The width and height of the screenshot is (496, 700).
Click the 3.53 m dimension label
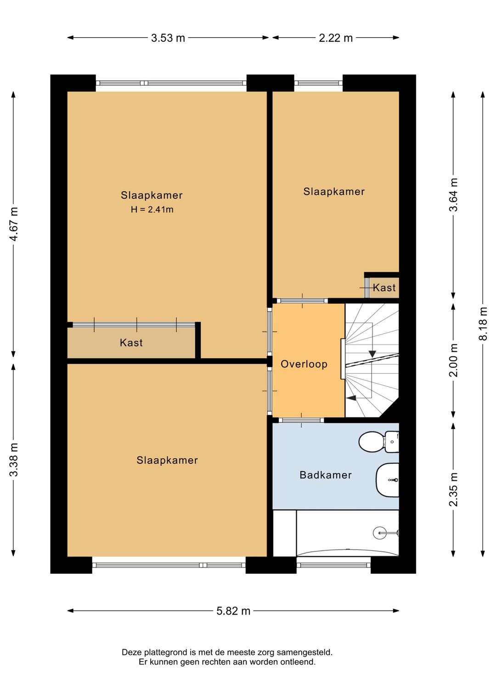point(168,38)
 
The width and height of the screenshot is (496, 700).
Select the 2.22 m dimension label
point(336,38)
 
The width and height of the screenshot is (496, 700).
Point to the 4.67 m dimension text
point(14,224)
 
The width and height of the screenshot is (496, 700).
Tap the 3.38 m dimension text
point(14,459)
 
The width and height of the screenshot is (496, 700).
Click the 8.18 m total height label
point(483,324)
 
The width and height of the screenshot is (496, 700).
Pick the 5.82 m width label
point(233,611)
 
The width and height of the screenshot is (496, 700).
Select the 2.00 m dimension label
point(454,360)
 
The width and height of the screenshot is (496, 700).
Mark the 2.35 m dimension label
point(454,489)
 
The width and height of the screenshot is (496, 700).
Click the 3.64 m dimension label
point(454,195)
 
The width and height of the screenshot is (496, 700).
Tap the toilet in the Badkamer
point(378,442)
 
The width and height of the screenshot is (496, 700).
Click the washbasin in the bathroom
point(388,480)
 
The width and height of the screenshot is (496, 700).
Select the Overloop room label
point(304,364)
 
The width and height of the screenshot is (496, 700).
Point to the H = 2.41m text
point(152,210)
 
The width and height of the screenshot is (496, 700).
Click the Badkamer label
point(326,475)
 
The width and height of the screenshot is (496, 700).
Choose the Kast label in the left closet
point(131,343)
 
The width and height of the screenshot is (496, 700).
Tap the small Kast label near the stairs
point(384,288)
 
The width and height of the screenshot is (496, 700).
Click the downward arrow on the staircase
point(372,354)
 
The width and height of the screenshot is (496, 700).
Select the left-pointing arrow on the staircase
point(351,398)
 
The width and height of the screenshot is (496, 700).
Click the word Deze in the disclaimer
point(131,652)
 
